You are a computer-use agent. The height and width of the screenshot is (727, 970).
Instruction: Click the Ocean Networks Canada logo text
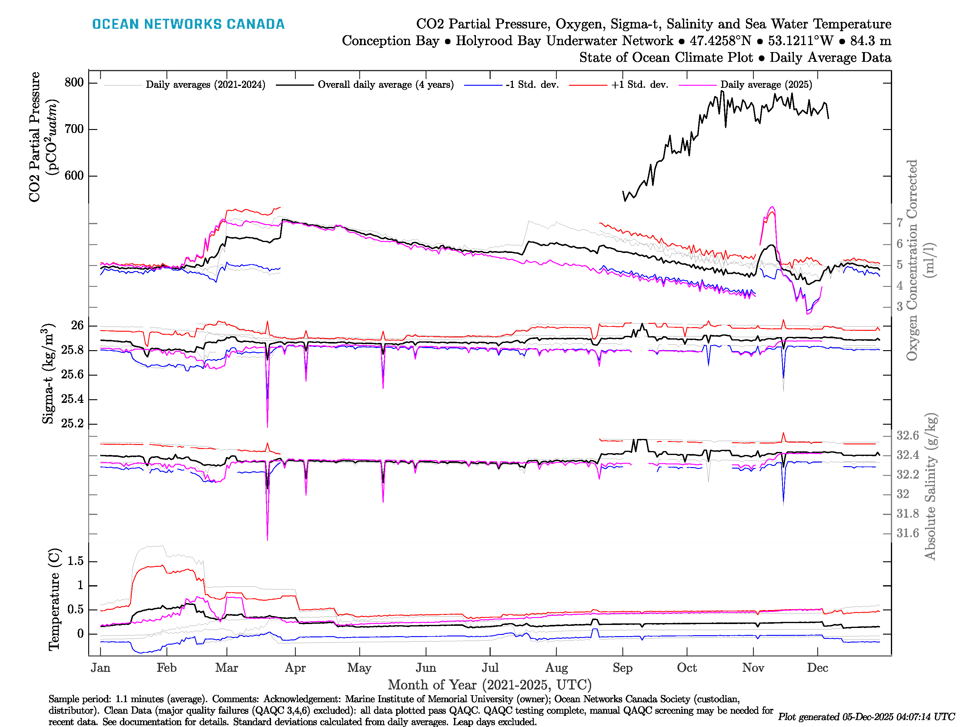point(188,24)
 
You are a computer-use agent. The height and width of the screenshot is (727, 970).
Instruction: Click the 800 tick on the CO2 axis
point(74,82)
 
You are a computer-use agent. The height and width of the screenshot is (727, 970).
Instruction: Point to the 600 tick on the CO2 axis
point(74,176)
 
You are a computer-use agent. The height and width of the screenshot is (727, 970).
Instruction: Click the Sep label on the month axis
point(622,668)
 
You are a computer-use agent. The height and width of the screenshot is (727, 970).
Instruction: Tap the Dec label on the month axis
point(818,668)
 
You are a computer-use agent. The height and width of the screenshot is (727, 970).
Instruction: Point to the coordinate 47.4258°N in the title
point(720,41)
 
